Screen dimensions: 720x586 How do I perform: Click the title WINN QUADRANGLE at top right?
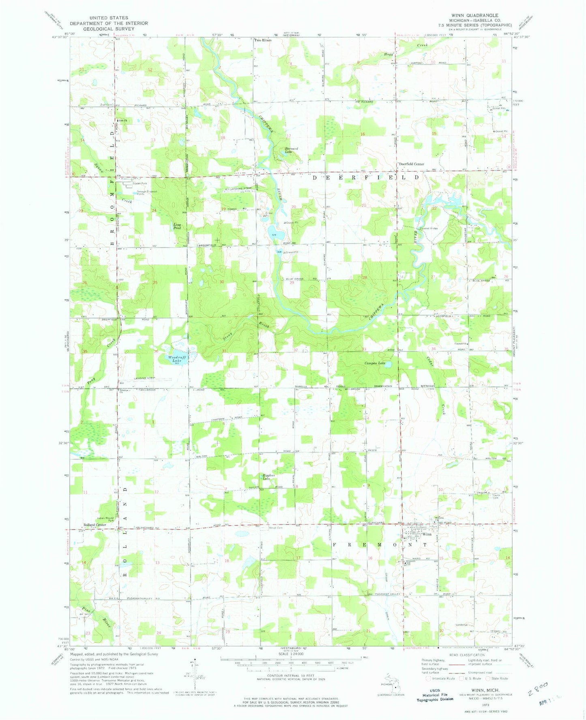click(x=472, y=15)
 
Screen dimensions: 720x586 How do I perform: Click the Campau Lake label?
click(x=375, y=363)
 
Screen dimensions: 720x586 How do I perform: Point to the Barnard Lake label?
click(x=291, y=150)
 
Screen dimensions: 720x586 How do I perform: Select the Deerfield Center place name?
click(x=411, y=164)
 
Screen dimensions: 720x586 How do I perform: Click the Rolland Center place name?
click(x=94, y=525)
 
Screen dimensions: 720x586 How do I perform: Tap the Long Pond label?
click(x=177, y=226)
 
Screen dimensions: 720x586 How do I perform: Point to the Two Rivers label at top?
click(x=263, y=40)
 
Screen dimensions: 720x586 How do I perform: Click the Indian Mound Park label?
click(x=106, y=518)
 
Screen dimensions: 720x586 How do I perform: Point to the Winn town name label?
click(x=427, y=534)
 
